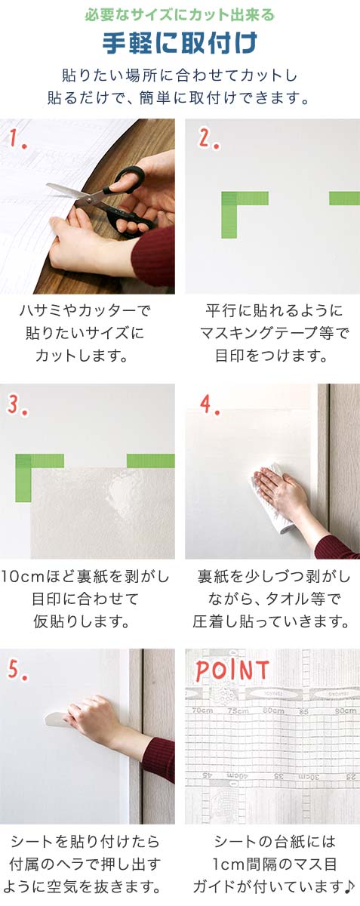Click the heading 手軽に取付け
click(x=180, y=43)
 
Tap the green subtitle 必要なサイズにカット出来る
click(x=180, y=14)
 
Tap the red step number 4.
click(x=208, y=405)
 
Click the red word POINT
click(x=232, y=670)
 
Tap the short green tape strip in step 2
click(x=344, y=199)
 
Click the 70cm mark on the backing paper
click(x=202, y=710)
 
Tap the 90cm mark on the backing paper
click(x=346, y=710)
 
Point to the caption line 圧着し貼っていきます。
click(x=273, y=622)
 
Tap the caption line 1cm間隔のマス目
click(x=273, y=864)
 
